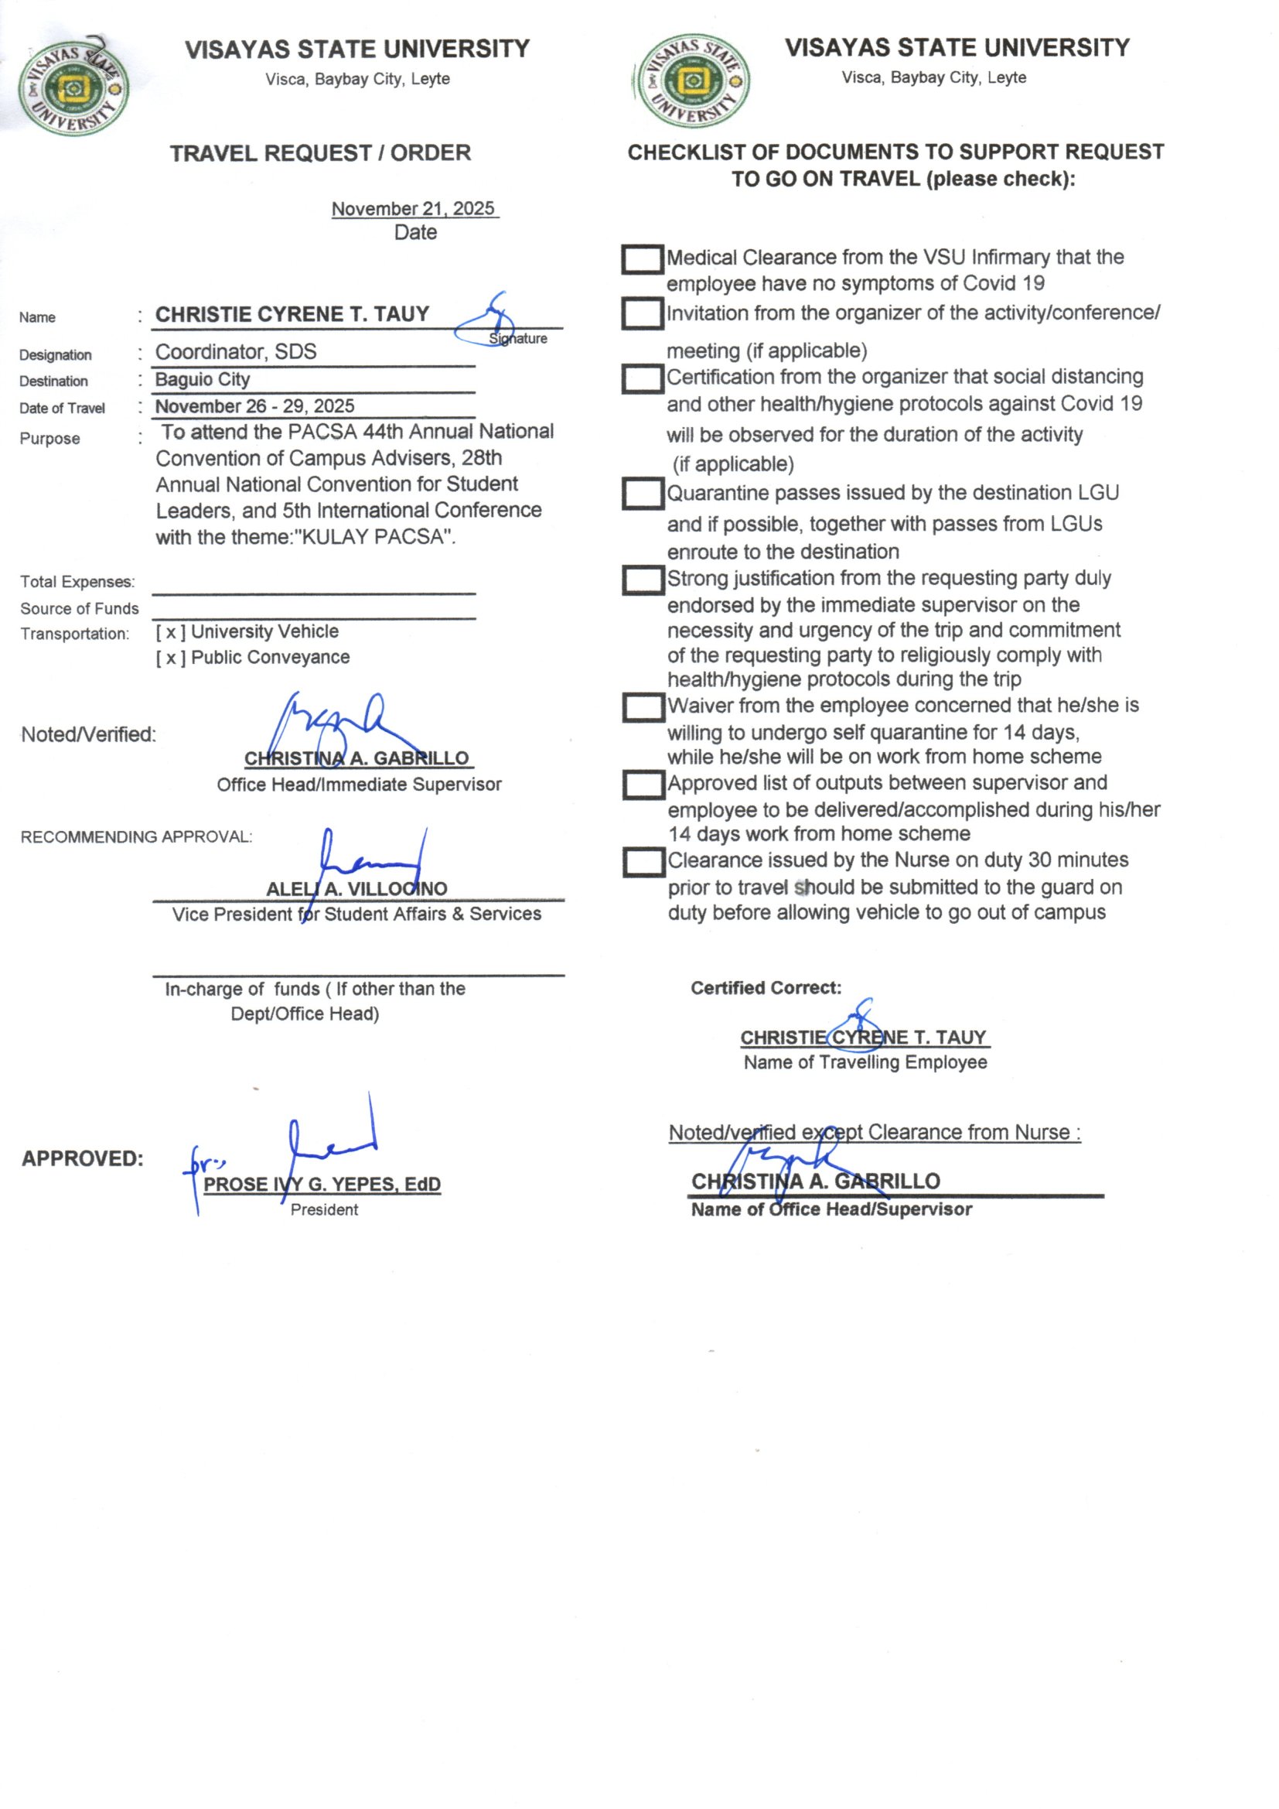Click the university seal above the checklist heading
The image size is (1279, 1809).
[693, 80]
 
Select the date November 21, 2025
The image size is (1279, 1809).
[414, 209]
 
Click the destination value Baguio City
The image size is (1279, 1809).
[203, 380]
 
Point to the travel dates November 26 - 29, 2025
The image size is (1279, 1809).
[254, 406]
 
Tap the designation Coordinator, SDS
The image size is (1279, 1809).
[236, 352]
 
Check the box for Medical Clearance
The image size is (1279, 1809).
[642, 259]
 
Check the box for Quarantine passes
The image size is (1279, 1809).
[643, 494]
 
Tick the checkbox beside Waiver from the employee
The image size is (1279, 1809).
[643, 707]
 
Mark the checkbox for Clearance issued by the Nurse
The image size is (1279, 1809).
[643, 862]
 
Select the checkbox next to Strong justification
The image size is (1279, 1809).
[643, 580]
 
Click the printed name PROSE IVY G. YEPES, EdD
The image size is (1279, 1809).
[322, 1184]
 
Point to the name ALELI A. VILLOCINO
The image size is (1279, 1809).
[356, 889]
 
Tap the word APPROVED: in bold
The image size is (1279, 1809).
[83, 1159]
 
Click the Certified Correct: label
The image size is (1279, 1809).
[766, 988]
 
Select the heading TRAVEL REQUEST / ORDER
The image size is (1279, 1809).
[321, 153]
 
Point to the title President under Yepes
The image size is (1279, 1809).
[324, 1210]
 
